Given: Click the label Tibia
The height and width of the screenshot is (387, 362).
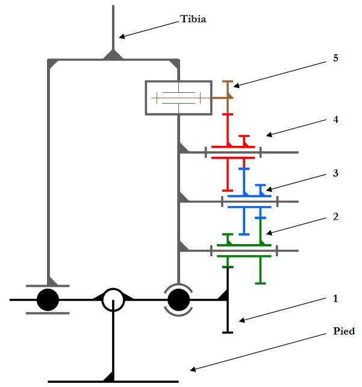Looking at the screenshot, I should [193, 19].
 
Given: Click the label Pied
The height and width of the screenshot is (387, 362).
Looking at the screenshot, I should [344, 332].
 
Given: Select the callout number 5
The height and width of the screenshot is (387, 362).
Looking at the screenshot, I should [335, 58].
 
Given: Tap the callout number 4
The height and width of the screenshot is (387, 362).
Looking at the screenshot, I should [335, 119].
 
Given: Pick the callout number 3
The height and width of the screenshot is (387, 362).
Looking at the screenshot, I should [335, 173].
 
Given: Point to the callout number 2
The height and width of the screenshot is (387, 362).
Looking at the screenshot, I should [335, 216].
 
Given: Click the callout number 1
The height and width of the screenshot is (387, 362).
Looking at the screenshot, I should [335, 298].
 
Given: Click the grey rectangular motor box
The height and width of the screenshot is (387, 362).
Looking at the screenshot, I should [178, 97].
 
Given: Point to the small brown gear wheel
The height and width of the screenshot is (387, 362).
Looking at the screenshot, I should [228, 90].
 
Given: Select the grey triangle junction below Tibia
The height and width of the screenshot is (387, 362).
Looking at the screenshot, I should [113, 55].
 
